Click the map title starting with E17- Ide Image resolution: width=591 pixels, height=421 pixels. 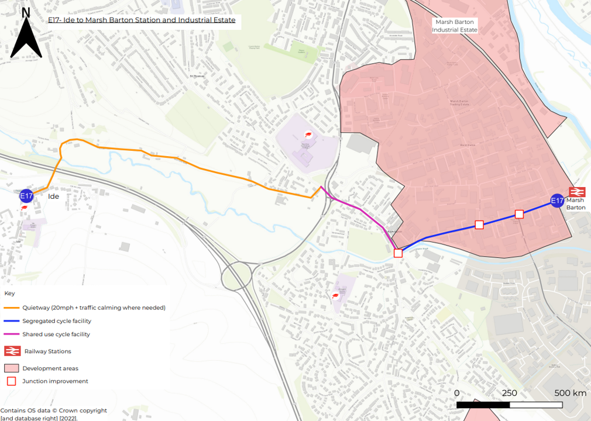[142, 20]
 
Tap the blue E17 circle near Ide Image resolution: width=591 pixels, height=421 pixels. [26, 196]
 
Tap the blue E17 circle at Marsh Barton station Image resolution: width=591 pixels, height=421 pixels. [558, 202]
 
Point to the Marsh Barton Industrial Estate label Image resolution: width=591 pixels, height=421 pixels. [454, 26]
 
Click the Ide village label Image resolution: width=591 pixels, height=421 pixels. [53, 197]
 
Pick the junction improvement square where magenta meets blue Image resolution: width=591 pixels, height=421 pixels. [398, 253]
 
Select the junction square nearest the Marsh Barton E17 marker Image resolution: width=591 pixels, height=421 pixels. [518, 214]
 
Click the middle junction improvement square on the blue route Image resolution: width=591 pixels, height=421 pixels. [479, 225]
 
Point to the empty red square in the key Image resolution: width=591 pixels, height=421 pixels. [11, 381]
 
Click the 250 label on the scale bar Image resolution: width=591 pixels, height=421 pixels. [509, 393]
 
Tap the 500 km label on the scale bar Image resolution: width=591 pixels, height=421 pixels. [570, 393]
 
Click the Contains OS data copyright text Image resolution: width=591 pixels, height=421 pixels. [53, 410]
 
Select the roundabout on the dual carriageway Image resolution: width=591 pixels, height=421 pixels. [236, 275]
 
